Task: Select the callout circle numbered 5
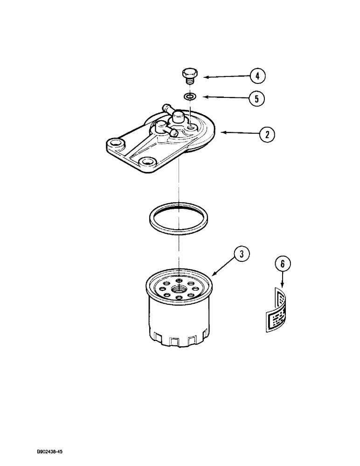[256, 98]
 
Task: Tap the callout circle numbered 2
[267, 135]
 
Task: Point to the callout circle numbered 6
[282, 265]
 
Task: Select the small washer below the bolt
[189, 97]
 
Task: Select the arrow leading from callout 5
[224, 97]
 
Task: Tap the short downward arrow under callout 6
[282, 281]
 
